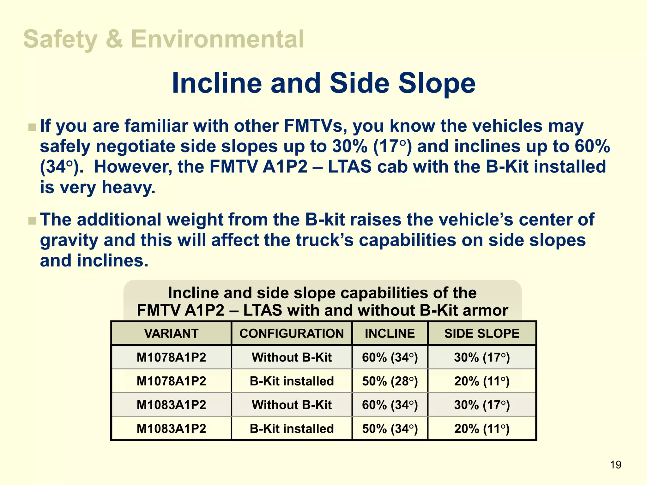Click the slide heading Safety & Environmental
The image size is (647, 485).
coord(163,39)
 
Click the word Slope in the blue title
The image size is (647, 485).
coord(437,83)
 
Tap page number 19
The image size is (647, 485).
coord(615,465)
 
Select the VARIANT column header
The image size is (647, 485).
coord(171,333)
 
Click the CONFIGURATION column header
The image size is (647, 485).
coord(291,333)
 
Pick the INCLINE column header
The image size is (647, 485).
coord(390,333)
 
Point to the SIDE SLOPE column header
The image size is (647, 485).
coord(481,333)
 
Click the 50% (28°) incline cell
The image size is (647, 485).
coord(390,381)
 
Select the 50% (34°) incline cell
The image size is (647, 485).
coord(390,429)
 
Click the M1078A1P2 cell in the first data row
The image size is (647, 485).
coord(171,357)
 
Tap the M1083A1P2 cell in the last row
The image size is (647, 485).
coord(171,429)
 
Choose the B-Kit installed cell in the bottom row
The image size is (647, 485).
coord(291,429)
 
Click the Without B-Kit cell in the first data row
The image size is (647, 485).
coord(291,357)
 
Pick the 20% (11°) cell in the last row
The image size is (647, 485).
coord(481,429)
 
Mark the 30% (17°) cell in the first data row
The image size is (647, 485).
coord(481,357)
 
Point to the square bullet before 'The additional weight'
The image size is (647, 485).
coord(32,221)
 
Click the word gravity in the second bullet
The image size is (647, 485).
coord(69,241)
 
